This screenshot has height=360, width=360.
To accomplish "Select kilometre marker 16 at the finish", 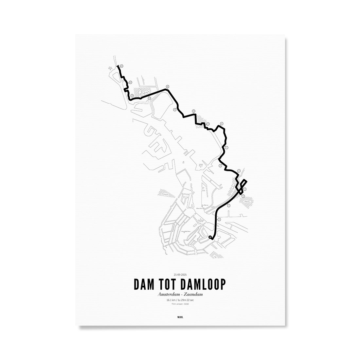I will [x=121, y=66].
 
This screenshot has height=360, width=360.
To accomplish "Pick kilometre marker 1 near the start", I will [x=219, y=220].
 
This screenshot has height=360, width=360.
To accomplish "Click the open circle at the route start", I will [x=210, y=237].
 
